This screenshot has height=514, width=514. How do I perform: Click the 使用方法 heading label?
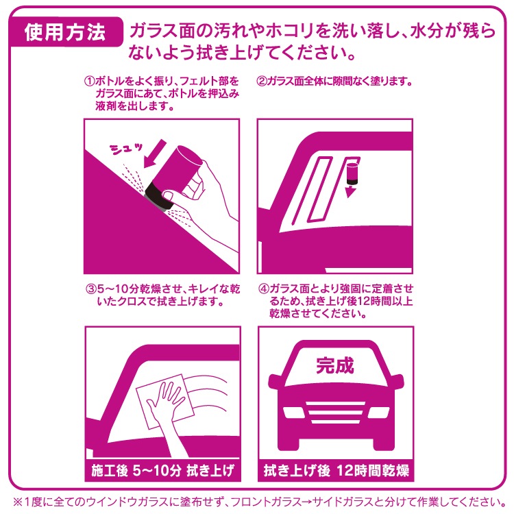(65, 32)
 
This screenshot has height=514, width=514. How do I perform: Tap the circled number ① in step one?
(90, 81)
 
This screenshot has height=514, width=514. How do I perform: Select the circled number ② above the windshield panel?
(262, 81)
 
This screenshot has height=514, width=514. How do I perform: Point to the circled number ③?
(90, 289)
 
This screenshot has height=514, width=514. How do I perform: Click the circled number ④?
(264, 289)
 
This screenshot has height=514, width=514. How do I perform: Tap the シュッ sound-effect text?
(126, 149)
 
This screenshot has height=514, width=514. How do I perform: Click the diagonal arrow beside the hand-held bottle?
(155, 154)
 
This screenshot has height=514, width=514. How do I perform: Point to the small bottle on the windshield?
(353, 173)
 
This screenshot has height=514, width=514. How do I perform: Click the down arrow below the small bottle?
(350, 191)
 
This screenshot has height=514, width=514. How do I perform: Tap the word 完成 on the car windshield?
(334, 365)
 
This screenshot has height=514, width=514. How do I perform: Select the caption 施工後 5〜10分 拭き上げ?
(162, 470)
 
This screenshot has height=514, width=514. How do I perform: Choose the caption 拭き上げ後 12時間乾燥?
(336, 470)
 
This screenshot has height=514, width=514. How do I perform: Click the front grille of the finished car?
(336, 413)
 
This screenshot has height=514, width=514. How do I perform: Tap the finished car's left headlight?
(294, 413)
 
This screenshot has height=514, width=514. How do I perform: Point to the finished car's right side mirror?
(397, 381)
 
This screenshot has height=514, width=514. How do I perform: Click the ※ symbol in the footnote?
(18, 502)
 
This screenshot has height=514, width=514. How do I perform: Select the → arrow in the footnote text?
(306, 502)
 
